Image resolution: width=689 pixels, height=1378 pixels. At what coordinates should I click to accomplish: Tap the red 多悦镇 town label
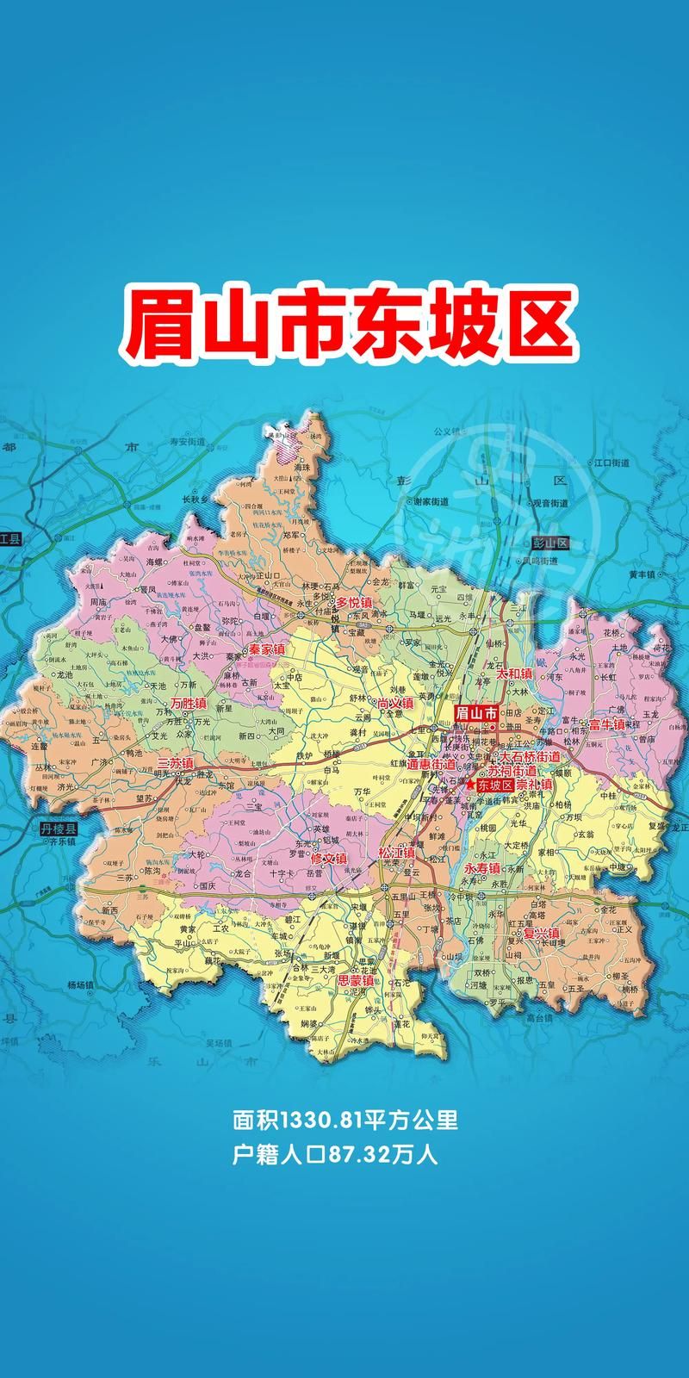tap(354, 602)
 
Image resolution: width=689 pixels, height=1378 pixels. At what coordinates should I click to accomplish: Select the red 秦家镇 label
tap(266, 650)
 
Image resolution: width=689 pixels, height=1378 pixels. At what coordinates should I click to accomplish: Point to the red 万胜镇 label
tap(189, 704)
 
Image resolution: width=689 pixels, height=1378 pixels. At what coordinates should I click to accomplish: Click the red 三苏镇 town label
tap(176, 763)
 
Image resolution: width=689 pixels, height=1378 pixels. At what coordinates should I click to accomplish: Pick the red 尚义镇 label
tap(395, 703)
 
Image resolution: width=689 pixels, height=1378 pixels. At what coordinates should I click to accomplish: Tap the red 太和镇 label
tap(515, 674)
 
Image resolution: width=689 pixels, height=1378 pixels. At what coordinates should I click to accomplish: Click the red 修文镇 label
tap(328, 859)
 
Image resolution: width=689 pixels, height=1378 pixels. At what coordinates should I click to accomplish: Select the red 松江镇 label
tap(396, 853)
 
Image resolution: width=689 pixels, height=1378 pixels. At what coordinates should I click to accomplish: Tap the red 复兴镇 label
tap(542, 933)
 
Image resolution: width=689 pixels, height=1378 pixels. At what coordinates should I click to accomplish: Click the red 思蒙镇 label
tap(355, 980)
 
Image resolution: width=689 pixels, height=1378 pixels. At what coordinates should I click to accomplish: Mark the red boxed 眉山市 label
tap(476, 713)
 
